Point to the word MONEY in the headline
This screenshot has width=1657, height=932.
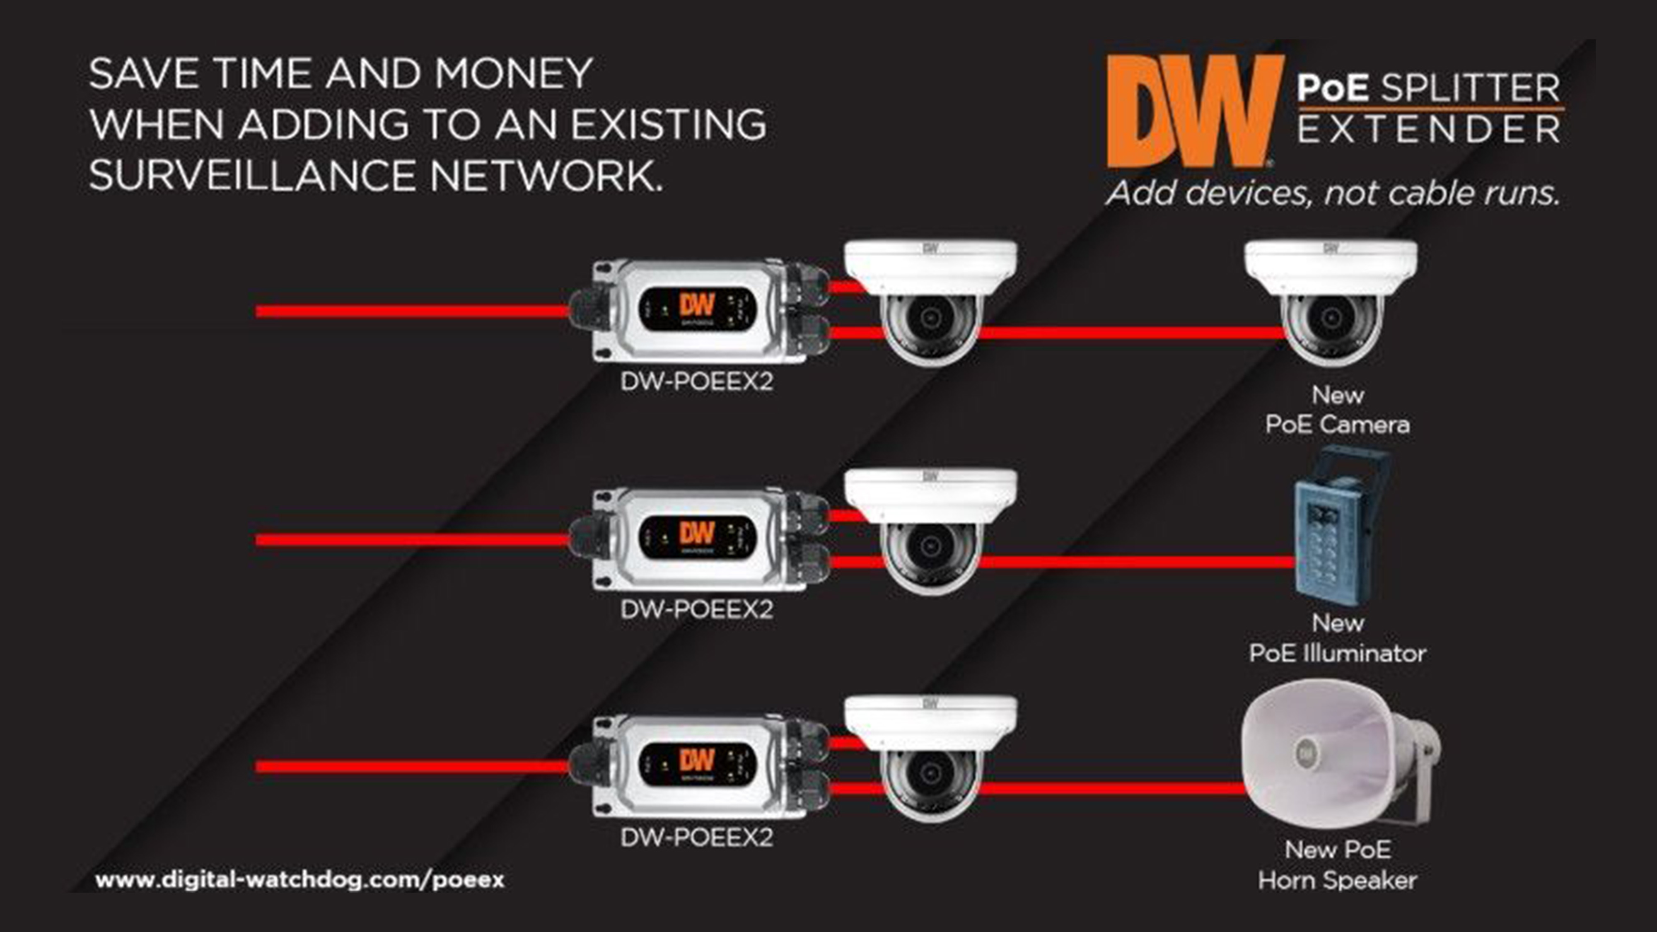pos(513,74)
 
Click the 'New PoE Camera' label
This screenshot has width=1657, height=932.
pos(1337,410)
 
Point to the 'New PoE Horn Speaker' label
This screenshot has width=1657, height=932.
pos(1337,865)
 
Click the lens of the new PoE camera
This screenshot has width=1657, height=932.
pos(1330,317)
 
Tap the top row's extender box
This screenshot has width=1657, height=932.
pos(698,311)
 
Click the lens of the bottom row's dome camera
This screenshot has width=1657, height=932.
pos(930,774)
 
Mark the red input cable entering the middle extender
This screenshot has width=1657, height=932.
pos(412,540)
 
